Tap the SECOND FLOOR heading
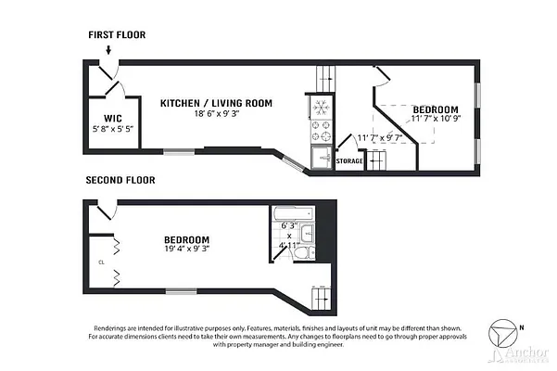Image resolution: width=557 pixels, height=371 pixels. coord(120,180)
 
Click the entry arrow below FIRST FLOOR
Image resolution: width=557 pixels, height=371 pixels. coord(109,51)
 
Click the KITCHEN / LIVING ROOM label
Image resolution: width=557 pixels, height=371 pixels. coord(216,103)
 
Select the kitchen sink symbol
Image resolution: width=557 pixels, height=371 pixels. coord(322,157)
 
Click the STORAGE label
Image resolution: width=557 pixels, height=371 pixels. coord(349,161)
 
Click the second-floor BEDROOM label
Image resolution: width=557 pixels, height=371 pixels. coord(187,239)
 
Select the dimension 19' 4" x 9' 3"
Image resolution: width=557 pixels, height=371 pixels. coord(187,250)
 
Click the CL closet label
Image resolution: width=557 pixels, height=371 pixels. coord(101,262)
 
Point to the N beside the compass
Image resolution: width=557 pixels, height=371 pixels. coord(522,326)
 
